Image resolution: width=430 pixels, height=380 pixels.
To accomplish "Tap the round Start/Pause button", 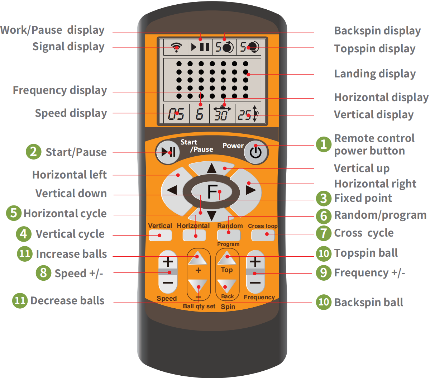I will click(167, 152).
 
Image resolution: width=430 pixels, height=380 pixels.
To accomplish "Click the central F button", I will click(212, 191).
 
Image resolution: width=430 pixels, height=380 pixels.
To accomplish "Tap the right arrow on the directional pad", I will click(251, 190).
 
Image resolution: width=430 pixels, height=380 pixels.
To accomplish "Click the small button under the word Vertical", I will click(160, 235).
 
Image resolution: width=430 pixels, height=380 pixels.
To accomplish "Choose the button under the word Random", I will click(229, 235).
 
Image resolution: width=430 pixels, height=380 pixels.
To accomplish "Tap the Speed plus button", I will click(168, 261).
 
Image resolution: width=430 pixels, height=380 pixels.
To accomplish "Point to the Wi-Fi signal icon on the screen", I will click(176, 47).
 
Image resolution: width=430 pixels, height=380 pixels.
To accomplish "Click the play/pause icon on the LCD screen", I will click(200, 47).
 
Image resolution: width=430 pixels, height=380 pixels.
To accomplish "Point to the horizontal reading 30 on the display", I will click(222, 115).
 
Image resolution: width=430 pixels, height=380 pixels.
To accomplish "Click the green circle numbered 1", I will click(324, 144).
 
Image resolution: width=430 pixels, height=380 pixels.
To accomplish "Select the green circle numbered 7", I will click(324, 233).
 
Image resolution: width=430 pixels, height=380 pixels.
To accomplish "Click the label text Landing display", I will click(375, 74).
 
